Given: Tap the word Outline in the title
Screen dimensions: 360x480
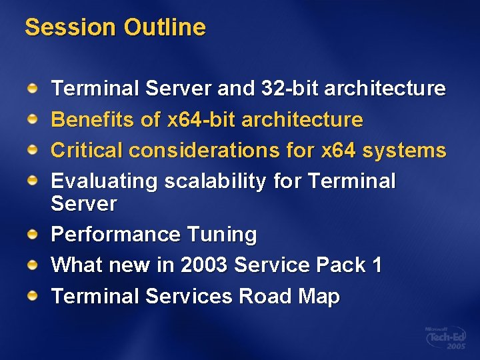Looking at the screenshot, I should coord(165,27).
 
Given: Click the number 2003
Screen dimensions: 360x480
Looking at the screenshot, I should coord(203,265).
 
